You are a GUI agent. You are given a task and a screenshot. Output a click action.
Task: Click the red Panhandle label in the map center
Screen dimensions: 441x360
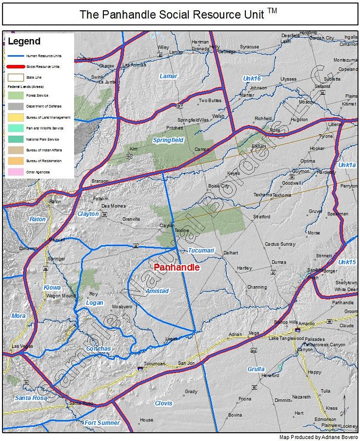176,268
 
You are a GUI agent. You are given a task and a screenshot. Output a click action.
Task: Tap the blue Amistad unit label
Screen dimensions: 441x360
157,291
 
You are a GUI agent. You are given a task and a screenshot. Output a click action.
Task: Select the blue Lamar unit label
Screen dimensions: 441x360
168,76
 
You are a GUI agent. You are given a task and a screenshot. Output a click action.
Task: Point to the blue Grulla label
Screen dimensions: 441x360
256,369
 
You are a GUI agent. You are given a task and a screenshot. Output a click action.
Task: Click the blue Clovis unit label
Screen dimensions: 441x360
164,403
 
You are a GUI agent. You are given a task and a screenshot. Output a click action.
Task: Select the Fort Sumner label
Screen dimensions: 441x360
102,422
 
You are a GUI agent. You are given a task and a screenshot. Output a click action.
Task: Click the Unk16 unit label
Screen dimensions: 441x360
252,78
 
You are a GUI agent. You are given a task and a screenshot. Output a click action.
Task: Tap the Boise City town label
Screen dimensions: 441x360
218,186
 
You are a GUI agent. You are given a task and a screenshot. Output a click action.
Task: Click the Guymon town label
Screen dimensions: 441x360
301,171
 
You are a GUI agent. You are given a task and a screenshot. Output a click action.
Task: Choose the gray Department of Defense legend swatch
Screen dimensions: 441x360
15,107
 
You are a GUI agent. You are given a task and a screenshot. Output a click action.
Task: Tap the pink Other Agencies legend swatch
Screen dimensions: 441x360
15,171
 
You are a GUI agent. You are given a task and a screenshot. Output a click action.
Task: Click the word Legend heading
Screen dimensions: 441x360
24,42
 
